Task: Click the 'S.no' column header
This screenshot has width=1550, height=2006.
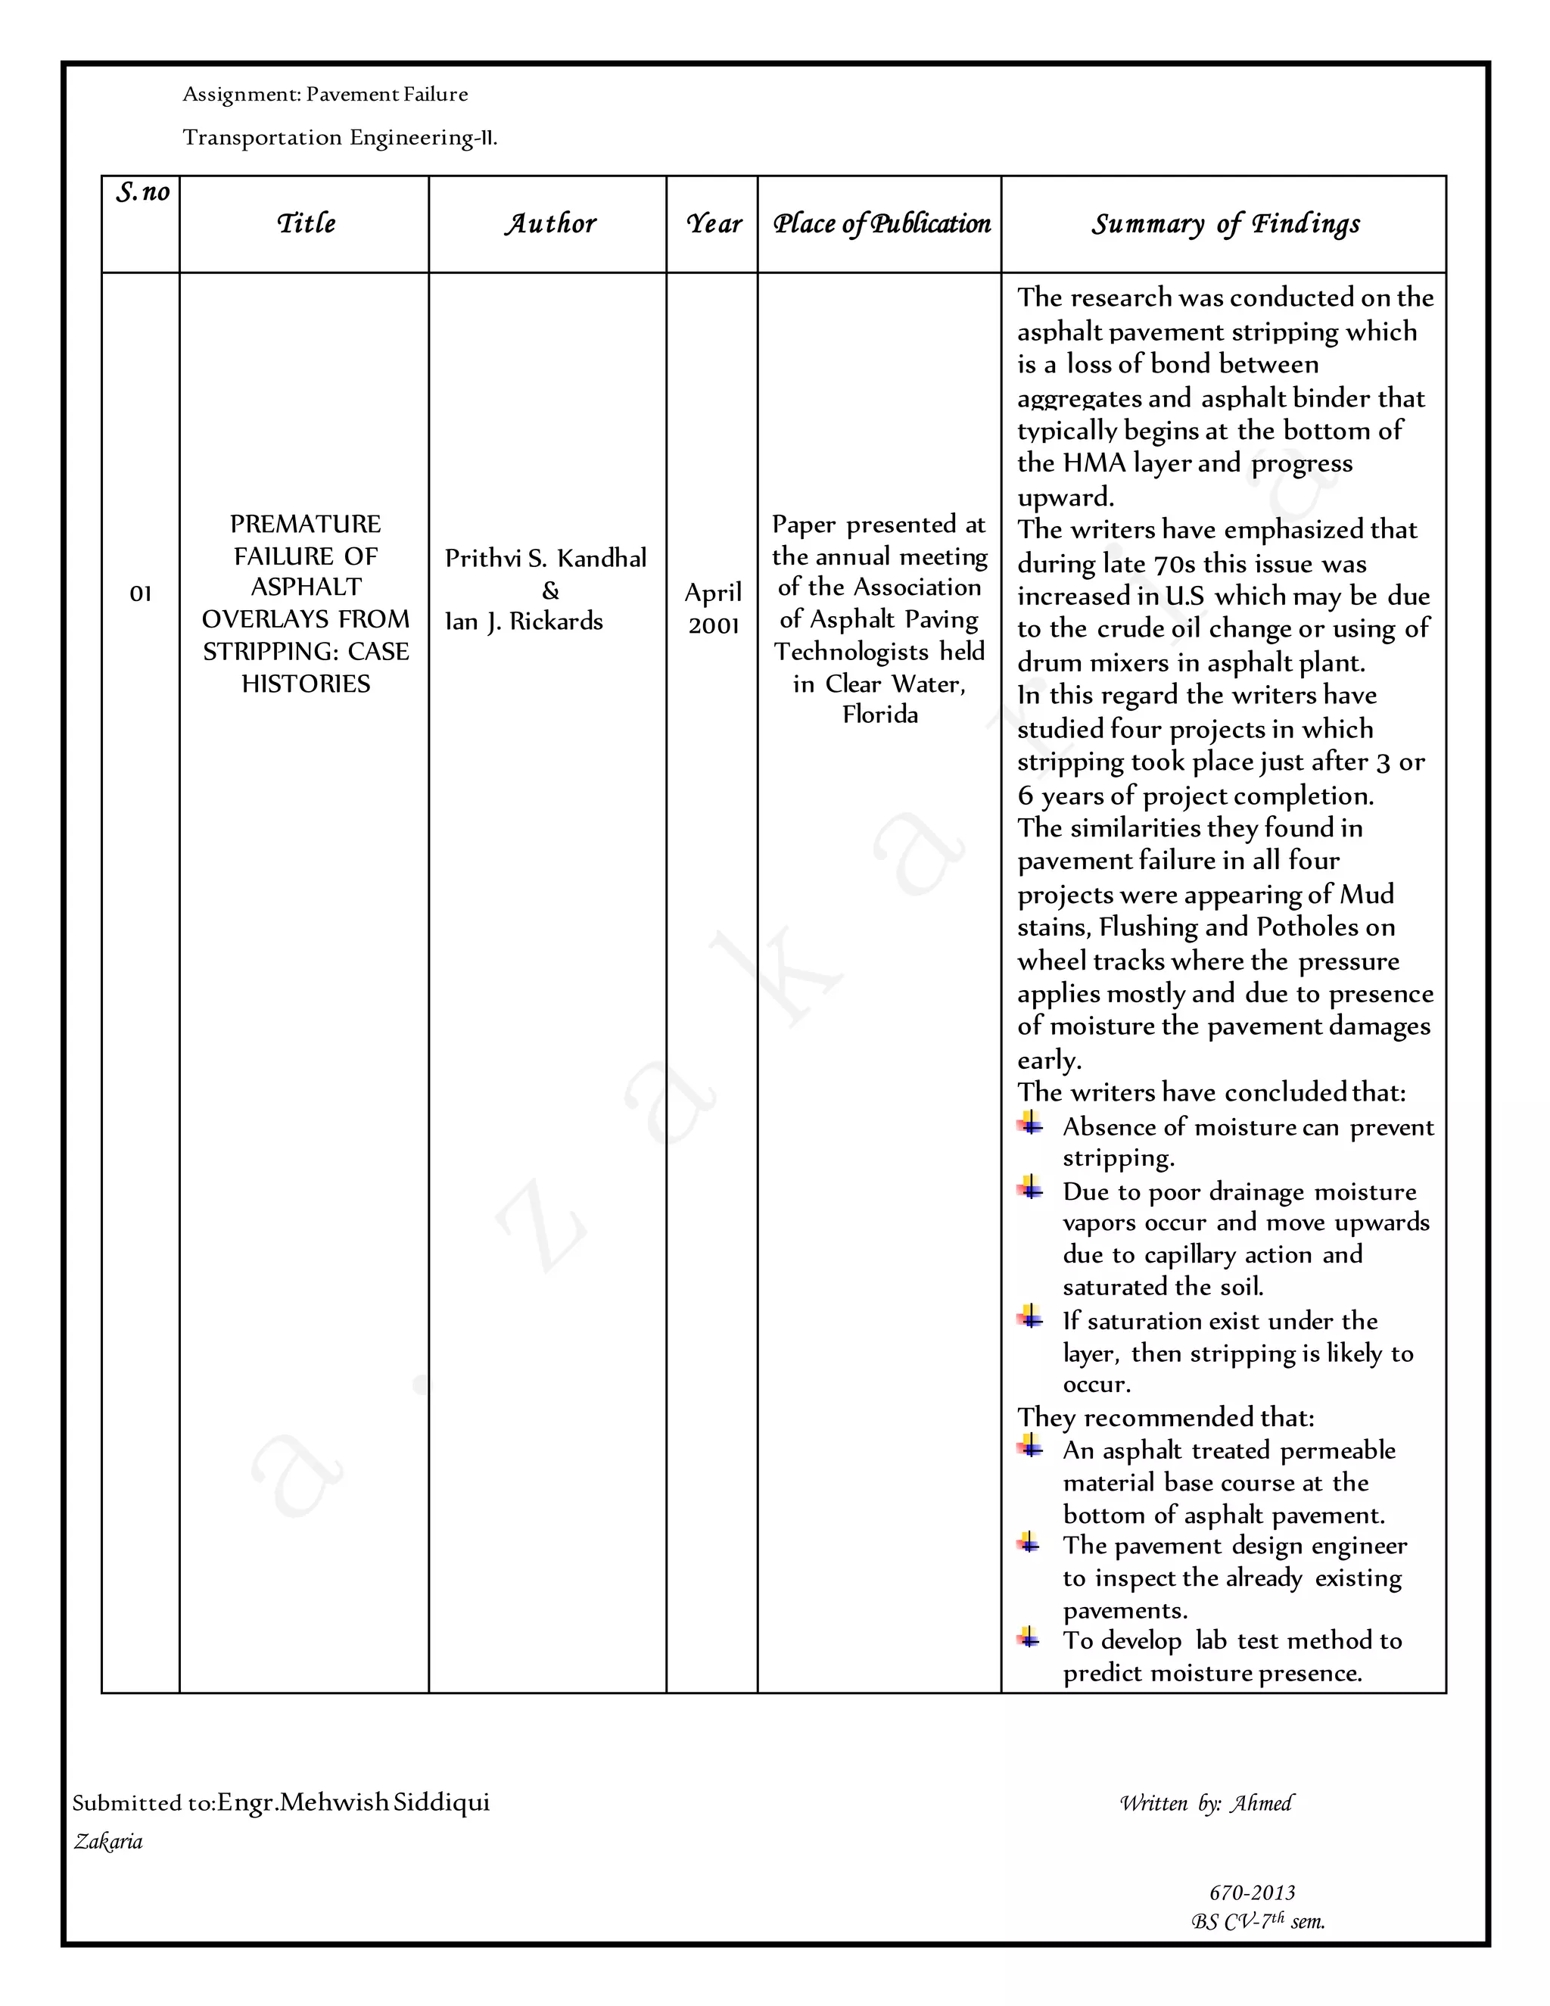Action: tap(142, 193)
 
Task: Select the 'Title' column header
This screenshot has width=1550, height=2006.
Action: tap(306, 223)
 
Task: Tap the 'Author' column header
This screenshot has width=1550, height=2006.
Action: tap(549, 223)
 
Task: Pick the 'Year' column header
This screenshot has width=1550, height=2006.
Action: tap(714, 223)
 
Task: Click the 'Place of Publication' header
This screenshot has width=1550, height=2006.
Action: tap(881, 223)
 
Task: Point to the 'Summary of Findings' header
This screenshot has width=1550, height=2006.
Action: tap(1225, 223)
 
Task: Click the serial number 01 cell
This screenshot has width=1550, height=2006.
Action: tap(141, 593)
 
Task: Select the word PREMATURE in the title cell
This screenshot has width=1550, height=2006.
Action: tap(305, 524)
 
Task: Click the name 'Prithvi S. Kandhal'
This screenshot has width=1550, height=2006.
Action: tap(546, 558)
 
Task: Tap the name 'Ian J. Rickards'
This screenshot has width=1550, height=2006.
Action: tap(524, 621)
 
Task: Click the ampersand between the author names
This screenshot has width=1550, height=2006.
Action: tap(550, 590)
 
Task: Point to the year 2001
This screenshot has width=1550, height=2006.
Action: tap(714, 625)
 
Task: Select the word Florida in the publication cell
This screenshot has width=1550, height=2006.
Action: tap(879, 715)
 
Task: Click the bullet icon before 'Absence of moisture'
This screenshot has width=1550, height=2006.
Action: tap(1030, 1123)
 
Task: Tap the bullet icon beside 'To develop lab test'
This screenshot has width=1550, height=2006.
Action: tap(1029, 1636)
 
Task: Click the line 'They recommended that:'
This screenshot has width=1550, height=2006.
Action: tap(1166, 1417)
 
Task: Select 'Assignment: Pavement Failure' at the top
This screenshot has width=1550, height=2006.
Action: tap(325, 95)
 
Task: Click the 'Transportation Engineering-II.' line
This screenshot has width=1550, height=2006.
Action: tap(340, 138)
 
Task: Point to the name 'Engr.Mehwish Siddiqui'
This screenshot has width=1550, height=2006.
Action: tap(353, 1802)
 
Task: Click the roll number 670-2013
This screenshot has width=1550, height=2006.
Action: tap(1252, 1892)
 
